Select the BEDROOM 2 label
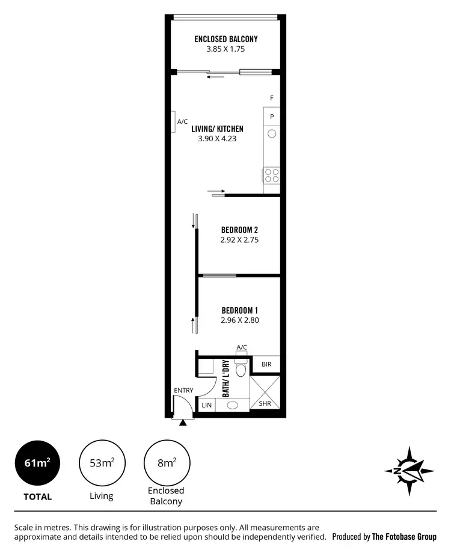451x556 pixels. (239, 230)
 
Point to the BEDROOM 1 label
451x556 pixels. (239, 310)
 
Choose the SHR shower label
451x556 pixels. (265, 404)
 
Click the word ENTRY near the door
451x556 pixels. (184, 391)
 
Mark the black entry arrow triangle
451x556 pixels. (183, 423)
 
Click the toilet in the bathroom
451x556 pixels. (242, 368)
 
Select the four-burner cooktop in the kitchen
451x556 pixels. (272, 175)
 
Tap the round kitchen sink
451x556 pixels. (272, 133)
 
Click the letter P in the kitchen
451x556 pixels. (272, 117)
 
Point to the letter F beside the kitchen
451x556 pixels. (272, 98)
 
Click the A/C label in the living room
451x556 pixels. (183, 121)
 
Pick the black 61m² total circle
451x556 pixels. (37, 463)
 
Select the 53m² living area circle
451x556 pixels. (102, 463)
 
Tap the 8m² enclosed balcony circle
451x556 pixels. (167, 463)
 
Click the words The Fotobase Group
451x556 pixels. (404, 537)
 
